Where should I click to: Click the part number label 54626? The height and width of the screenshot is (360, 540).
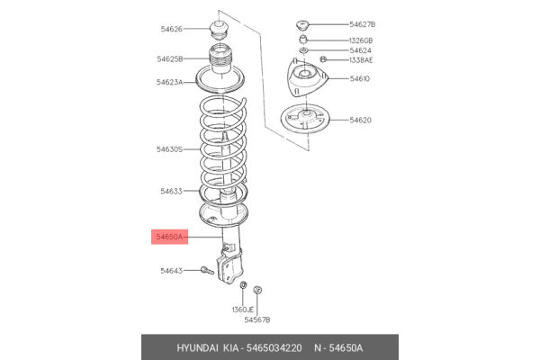click(x=171, y=30)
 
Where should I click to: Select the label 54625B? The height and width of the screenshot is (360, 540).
click(x=169, y=59)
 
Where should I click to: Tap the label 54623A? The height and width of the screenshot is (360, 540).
click(x=169, y=83)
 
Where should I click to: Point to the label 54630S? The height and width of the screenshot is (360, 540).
click(x=169, y=149)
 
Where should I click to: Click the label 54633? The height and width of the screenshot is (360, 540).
click(x=171, y=191)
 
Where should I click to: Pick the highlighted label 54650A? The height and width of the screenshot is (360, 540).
click(x=169, y=237)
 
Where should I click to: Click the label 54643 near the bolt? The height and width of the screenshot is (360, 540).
click(x=171, y=270)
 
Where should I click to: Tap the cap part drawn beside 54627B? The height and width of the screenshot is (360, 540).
click(x=302, y=23)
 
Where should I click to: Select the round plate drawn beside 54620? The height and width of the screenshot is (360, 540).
click(x=304, y=118)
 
